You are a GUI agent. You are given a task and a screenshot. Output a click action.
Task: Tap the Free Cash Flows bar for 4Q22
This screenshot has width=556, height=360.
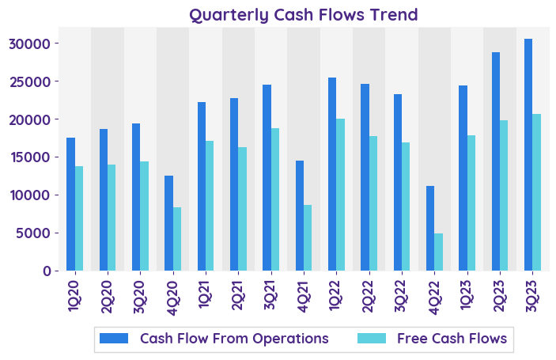pyautogui.click(x=438, y=252)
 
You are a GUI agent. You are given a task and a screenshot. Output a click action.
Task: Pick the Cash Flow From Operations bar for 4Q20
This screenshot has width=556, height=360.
pyautogui.click(x=168, y=223)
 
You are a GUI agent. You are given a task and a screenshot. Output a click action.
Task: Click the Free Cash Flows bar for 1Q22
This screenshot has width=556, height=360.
pyautogui.click(x=340, y=195)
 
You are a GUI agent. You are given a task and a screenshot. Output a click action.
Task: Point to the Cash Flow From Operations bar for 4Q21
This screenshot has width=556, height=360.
pyautogui.click(x=300, y=215)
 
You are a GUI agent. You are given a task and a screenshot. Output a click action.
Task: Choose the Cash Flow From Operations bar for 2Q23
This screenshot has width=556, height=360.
pyautogui.click(x=496, y=161)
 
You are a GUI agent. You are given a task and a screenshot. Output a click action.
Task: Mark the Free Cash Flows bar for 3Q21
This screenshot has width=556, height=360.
pyautogui.click(x=275, y=199)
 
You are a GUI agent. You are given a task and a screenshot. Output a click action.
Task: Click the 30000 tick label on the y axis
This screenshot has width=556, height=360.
pyautogui.click(x=37, y=44)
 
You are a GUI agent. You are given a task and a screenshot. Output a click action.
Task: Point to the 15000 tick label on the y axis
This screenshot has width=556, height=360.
pyautogui.click(x=37, y=157)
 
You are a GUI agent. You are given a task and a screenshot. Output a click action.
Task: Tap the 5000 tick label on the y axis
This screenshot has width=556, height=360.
pyautogui.click(x=41, y=233)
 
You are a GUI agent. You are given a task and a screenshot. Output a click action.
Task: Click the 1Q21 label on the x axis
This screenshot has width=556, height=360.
pyautogui.click(x=206, y=295)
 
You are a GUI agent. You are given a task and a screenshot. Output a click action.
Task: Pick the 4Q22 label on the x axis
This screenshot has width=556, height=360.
pyautogui.click(x=434, y=295)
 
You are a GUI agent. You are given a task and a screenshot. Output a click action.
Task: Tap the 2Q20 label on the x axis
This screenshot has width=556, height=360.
pyautogui.click(x=108, y=295)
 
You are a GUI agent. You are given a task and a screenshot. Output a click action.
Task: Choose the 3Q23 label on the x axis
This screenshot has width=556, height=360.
pyautogui.click(x=532, y=295)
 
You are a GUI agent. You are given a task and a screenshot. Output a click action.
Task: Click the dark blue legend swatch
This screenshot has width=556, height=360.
pyautogui.click(x=114, y=339)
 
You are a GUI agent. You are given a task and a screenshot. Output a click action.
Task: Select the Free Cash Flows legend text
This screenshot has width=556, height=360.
pyautogui.click(x=452, y=339)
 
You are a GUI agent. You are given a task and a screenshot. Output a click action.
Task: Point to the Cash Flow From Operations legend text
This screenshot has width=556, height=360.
pyautogui.click(x=234, y=339)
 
